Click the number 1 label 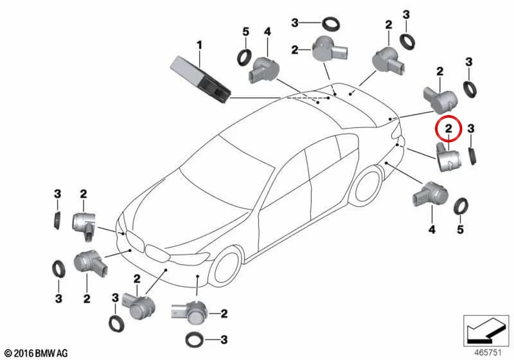pos(199,45)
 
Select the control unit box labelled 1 pos(201,78)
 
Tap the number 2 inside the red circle pos(448,128)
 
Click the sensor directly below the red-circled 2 pos(448,157)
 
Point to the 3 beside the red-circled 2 pos(471,129)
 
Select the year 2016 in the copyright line pos(24,354)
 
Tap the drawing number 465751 pos(488,352)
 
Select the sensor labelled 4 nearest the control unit pos(265,70)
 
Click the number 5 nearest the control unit pos(245,32)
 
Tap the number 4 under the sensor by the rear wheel pos(432,230)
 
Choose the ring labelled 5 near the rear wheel pos(461,206)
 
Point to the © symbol pos(9,354)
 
